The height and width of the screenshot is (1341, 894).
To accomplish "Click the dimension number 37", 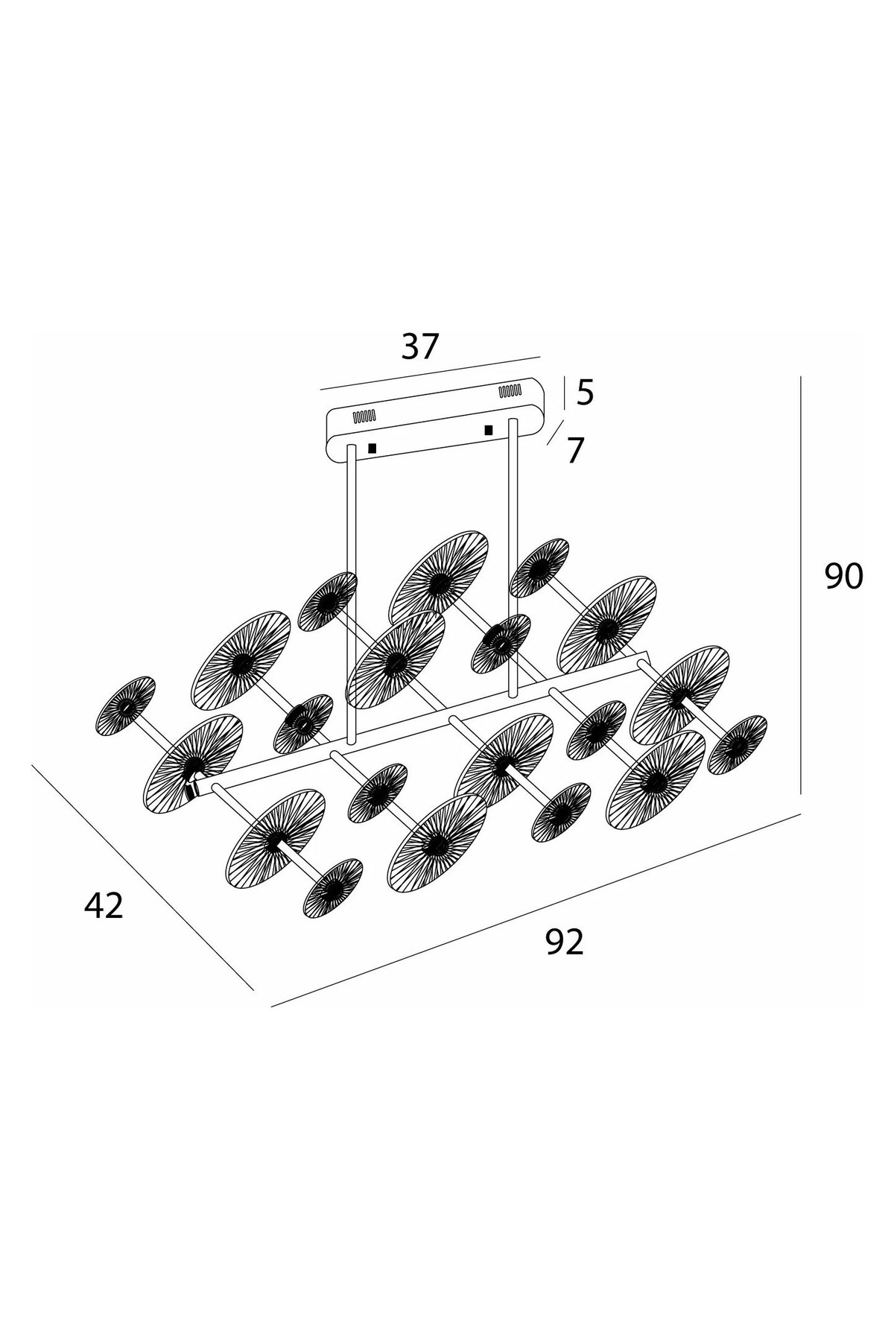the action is [x=421, y=347].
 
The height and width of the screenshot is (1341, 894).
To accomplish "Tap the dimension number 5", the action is [x=586, y=393].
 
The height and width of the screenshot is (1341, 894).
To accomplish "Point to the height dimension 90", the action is [x=843, y=577].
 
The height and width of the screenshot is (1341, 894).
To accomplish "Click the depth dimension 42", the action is [x=104, y=905].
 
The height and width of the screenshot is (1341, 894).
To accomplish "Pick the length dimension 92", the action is [x=565, y=942].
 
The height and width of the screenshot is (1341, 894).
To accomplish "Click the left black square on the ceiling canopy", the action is [x=372, y=448].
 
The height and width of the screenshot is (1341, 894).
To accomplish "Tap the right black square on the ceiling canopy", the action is [x=489, y=430].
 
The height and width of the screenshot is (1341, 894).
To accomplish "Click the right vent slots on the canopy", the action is [x=510, y=390].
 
